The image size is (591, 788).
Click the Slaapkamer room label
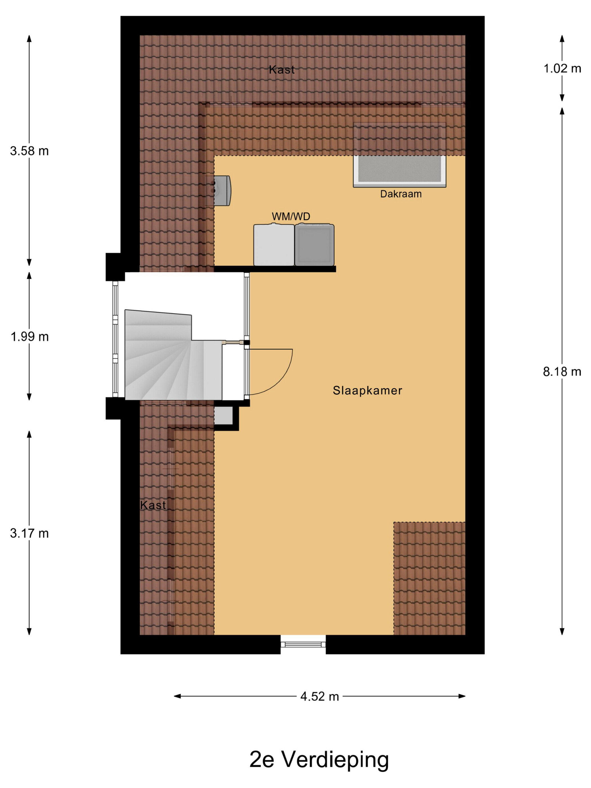tap(367, 390)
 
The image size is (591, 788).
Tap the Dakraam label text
tap(401, 194)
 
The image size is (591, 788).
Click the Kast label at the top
tap(282, 70)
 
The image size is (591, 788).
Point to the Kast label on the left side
tap(153, 505)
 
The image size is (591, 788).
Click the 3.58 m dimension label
tap(29, 151)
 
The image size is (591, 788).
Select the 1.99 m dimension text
tap(29, 337)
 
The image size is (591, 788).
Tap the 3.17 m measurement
tap(29, 533)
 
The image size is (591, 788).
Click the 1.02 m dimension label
tap(562, 68)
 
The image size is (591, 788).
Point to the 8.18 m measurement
tap(562, 372)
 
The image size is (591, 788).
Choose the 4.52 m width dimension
tap(319, 697)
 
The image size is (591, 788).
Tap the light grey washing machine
tap(274, 245)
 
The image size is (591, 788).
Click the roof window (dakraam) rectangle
tap(399, 155)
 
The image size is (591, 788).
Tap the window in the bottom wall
tap(303, 644)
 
